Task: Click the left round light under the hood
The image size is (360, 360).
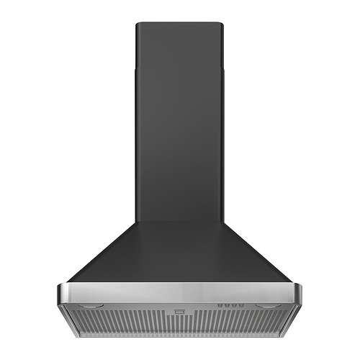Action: (89, 305)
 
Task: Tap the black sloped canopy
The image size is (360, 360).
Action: (179, 252)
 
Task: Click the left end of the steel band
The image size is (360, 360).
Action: (62, 293)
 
